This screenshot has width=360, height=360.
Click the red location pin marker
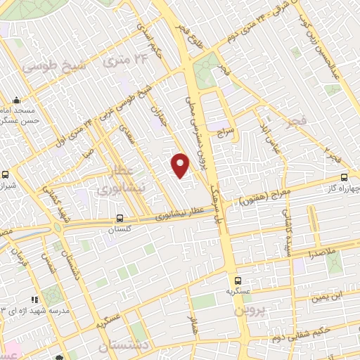point(181,165)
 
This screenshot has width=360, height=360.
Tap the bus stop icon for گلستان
point(120,218)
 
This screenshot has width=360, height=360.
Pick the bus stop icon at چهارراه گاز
point(344,177)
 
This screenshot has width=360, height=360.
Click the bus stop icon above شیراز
point(6,174)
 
